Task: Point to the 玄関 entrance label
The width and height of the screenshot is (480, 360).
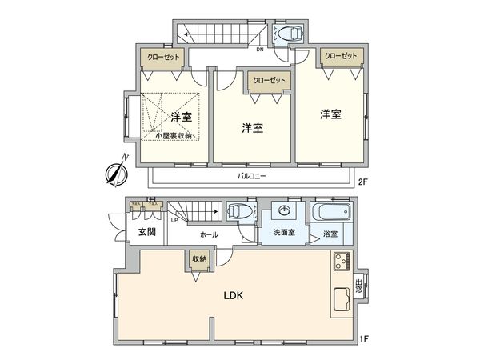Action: pyautogui.click(x=146, y=232)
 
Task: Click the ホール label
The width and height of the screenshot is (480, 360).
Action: pyautogui.click(x=209, y=234)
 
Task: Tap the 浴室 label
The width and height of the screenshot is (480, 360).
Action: pyautogui.click(x=330, y=234)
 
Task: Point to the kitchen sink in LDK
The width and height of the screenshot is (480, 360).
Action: pyautogui.click(x=340, y=301)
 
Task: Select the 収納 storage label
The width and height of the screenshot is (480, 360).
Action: pyautogui.click(x=198, y=259)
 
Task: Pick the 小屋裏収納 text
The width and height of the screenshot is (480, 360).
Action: pyautogui.click(x=174, y=135)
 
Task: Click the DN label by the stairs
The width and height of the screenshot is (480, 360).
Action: pyautogui.click(x=260, y=50)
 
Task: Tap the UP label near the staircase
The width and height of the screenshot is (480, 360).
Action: pyautogui.click(x=174, y=220)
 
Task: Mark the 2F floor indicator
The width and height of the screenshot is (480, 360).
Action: pyautogui.click(x=362, y=182)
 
